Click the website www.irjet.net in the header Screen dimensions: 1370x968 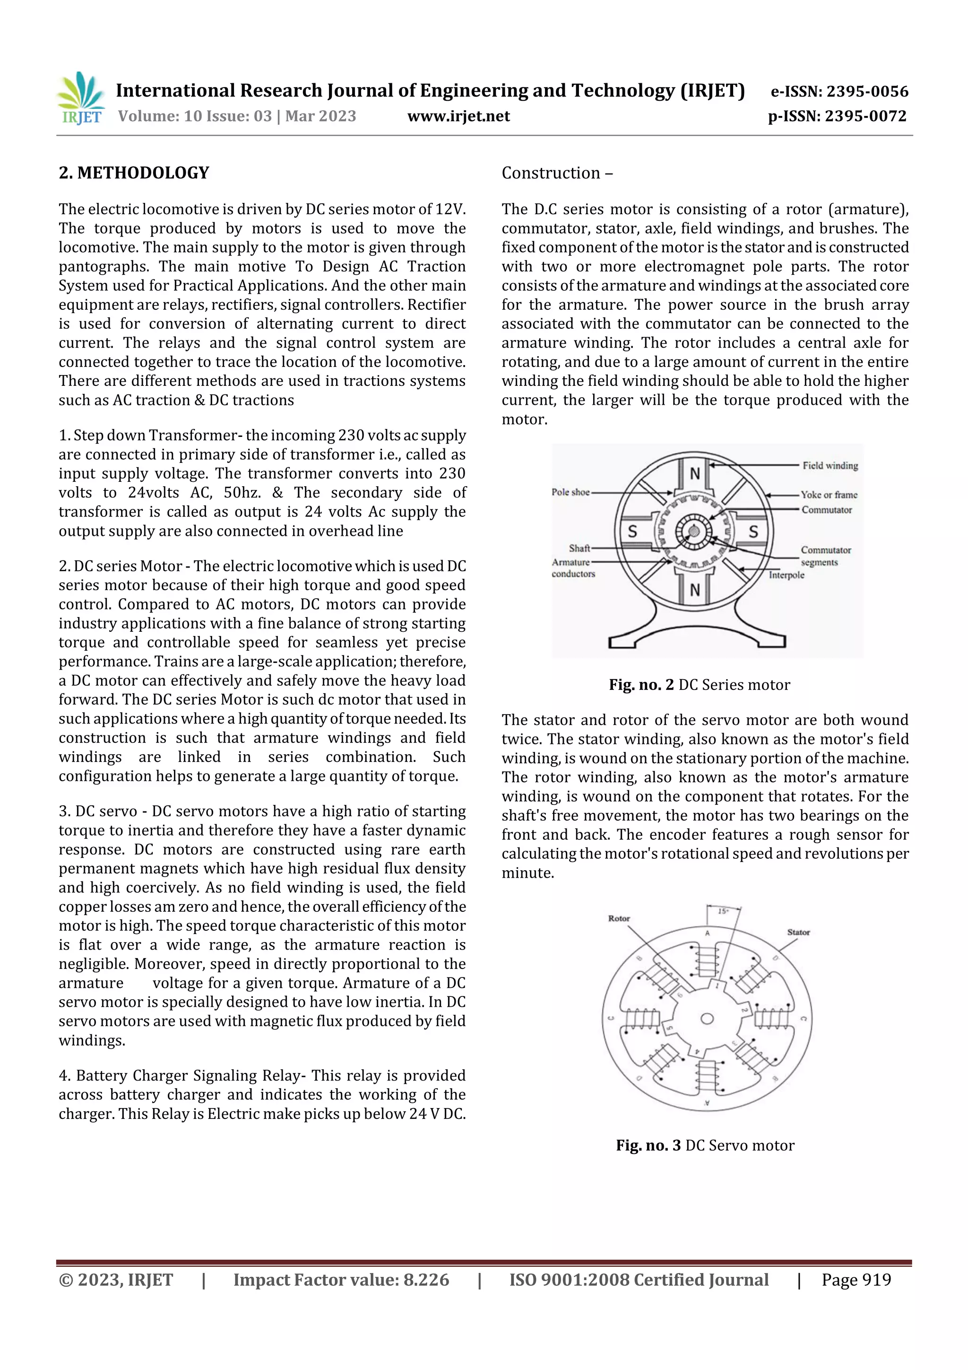coord(458,116)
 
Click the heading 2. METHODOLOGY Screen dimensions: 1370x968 coord(134,173)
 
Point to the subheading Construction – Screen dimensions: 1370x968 coord(556,173)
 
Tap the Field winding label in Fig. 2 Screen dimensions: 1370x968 coord(830,465)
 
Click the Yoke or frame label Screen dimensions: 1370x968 coord(829,495)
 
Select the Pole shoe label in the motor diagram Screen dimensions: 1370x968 coord(570,492)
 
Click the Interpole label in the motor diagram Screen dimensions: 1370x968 coord(786,575)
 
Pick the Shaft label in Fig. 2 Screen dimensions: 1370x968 coord(579,548)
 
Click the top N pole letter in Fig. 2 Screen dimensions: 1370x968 coord(695,474)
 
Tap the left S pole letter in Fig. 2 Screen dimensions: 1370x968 coord(632,531)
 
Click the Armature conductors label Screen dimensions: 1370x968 coord(572,568)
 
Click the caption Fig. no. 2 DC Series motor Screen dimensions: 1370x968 coord(699,685)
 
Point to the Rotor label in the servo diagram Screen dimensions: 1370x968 coord(619,918)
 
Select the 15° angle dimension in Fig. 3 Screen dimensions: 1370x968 coord(723,911)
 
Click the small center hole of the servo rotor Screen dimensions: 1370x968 coord(707,1019)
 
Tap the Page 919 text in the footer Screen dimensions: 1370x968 coord(856,1280)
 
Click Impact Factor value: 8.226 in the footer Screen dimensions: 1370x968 coord(341,1280)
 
